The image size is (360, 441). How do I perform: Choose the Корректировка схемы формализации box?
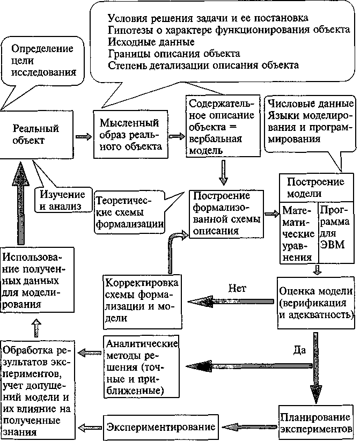pyautogui.click(x=142, y=300)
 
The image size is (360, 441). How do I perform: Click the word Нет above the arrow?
pyautogui.click(x=237, y=288)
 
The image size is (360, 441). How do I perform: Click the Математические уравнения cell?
pyautogui.click(x=298, y=234)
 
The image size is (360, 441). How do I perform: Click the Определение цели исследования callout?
pyautogui.click(x=43, y=59)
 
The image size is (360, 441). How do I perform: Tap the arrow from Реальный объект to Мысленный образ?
pyautogui.click(x=84, y=136)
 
